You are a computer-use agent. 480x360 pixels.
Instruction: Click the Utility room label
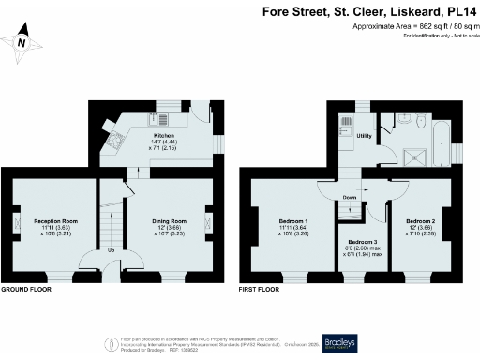365,138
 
